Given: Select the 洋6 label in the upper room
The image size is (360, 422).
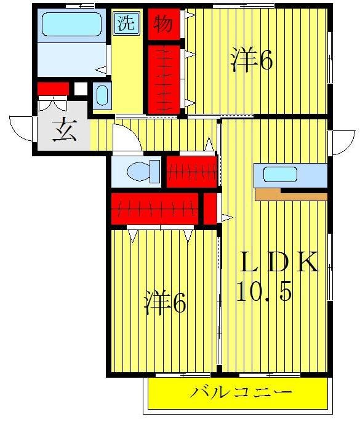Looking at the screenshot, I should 252,60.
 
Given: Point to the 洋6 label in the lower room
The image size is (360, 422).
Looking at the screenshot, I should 166,303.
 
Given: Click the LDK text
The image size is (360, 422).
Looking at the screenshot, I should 279,263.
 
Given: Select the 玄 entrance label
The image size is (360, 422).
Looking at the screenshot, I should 63,132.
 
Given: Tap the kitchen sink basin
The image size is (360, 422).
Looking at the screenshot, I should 280,174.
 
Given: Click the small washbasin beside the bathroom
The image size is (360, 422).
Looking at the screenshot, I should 103,96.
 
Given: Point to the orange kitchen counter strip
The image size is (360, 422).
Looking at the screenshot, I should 290,196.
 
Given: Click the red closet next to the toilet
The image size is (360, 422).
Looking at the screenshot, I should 191,172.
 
